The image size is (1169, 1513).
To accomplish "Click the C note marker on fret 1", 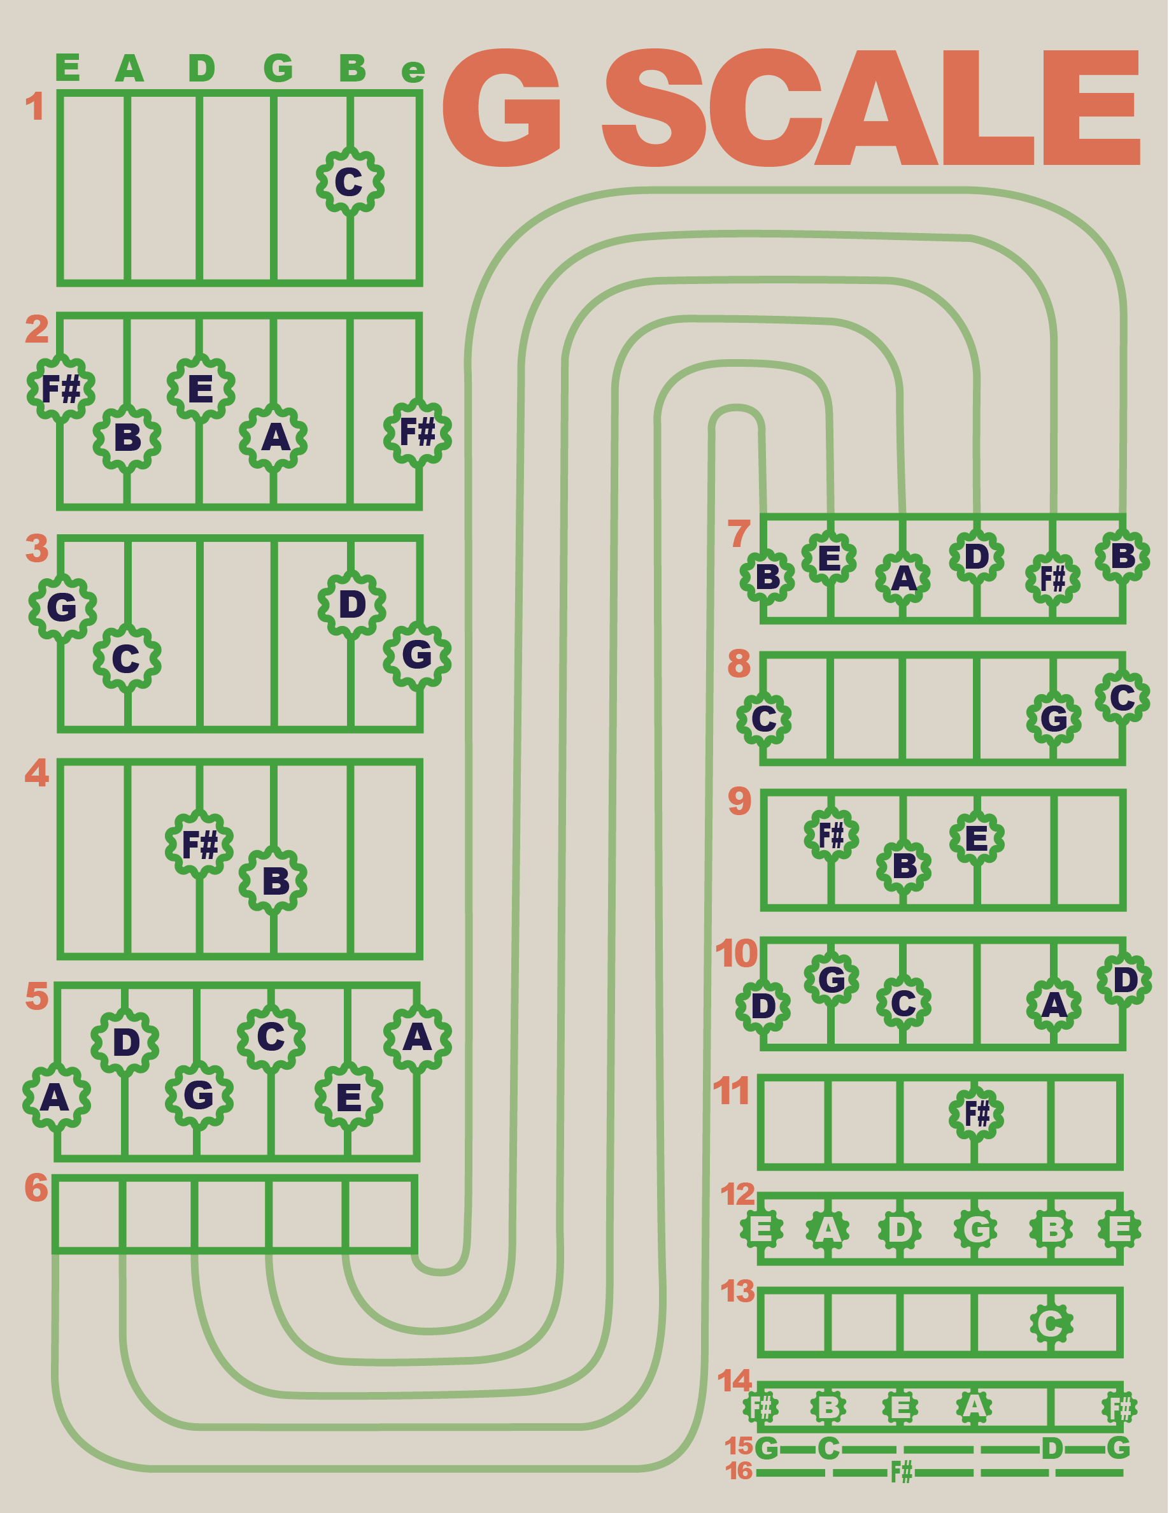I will [x=350, y=181].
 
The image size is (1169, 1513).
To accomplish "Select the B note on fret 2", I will [x=127, y=438].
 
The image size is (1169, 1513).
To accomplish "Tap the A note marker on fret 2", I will [x=274, y=438].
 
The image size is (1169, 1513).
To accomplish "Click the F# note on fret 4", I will [x=199, y=844].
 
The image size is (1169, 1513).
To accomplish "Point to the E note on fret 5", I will [x=348, y=1097].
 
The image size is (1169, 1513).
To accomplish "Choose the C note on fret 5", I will [x=271, y=1037].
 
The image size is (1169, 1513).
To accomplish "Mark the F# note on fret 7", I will [x=1052, y=578].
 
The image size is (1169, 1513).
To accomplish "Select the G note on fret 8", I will [x=1053, y=718].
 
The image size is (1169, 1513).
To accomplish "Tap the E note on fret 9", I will [x=977, y=838].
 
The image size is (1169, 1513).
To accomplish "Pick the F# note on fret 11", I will [x=977, y=1114].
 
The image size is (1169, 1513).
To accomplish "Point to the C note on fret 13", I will [x=1051, y=1323].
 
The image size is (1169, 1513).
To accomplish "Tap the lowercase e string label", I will [x=413, y=71].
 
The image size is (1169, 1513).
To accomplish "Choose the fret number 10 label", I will [x=736, y=954].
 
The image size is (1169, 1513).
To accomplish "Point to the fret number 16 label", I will [x=738, y=1471].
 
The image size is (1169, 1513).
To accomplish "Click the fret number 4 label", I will [x=37, y=772].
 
